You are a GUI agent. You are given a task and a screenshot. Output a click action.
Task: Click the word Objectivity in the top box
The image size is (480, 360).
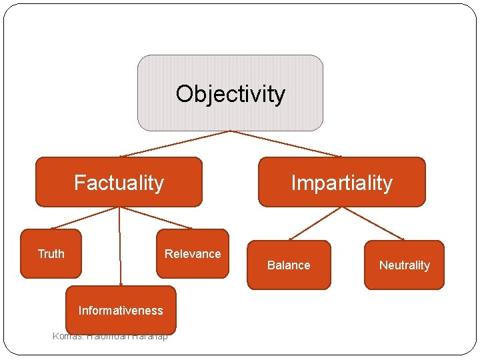tap(230, 94)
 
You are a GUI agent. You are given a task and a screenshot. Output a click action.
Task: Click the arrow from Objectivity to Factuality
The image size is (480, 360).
tap(175, 143)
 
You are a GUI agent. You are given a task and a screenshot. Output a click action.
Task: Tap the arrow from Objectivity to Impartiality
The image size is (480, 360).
tap(286, 143)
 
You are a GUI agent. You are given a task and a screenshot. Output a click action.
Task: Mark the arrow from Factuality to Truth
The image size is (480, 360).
tap(85, 218)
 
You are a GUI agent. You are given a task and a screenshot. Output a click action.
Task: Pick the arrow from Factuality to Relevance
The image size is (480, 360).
tap(156, 218)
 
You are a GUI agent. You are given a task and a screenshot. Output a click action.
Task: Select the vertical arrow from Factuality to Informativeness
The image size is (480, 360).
tap(120, 247)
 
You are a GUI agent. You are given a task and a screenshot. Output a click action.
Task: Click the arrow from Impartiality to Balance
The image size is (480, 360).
tap(315, 223)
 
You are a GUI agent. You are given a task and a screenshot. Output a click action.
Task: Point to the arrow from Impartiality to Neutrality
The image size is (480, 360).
tap(373, 223)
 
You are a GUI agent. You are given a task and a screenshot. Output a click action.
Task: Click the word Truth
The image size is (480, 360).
tap(51, 254)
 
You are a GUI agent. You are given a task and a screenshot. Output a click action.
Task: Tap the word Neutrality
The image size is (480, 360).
tap(404, 265)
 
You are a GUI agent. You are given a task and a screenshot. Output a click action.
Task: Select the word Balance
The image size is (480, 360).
tap(289, 265)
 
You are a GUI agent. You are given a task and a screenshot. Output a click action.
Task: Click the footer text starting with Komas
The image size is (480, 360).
tap(110, 336)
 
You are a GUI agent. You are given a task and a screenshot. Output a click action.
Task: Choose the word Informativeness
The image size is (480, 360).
tap(121, 311)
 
